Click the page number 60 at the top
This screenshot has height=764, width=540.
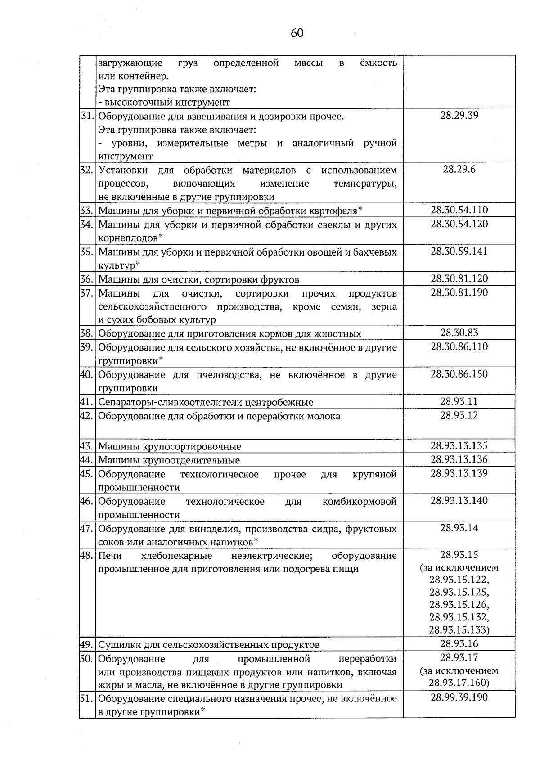[297, 33]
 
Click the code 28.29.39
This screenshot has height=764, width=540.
[459, 115]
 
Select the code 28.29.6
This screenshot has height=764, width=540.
[459, 170]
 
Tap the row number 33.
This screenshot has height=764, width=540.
[87, 211]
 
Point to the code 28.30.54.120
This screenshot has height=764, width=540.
[459, 224]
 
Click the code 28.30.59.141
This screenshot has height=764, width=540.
[459, 252]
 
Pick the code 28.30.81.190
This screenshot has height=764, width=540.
[459, 293]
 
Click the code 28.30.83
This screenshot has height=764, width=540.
[459, 333]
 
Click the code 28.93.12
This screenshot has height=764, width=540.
[459, 415]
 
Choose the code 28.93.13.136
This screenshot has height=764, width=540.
[459, 460]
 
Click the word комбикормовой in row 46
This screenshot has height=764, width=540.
[360, 501]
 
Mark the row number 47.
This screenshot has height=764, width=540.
[87, 529]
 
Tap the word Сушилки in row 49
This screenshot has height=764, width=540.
[119, 645]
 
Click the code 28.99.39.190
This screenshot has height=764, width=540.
[459, 697]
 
